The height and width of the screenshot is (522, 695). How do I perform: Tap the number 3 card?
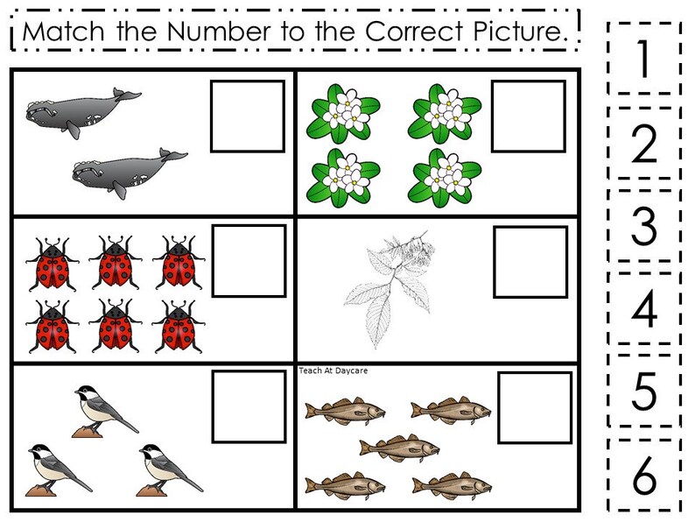643,226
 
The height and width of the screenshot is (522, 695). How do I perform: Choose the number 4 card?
643,308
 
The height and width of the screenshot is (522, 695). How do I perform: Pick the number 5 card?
643,391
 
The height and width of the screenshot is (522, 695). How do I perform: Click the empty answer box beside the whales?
248,116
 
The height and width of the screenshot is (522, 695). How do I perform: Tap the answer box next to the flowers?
529,116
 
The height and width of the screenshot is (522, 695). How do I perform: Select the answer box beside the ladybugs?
249,260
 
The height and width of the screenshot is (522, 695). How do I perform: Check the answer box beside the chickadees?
249,405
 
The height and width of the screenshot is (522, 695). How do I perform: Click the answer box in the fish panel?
535,407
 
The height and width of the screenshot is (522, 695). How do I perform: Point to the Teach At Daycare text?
333,370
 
